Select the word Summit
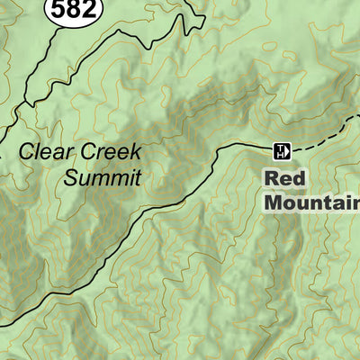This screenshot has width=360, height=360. pyautogui.click(x=102, y=177)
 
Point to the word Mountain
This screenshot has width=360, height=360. pyautogui.click(x=311, y=202)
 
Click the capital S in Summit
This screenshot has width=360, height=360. pyautogui.click(x=70, y=177)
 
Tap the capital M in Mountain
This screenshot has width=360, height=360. pyautogui.click(x=274, y=202)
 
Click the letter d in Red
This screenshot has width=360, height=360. pyautogui.click(x=301, y=177)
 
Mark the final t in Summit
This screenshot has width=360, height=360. pyautogui.click(x=138, y=177)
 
